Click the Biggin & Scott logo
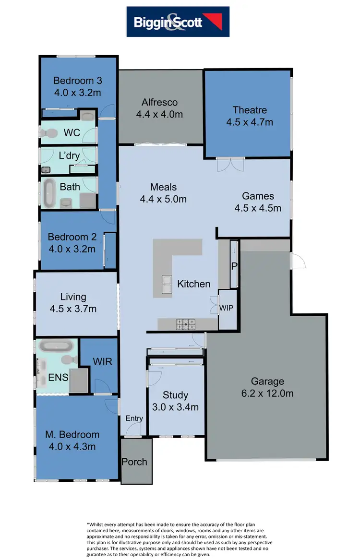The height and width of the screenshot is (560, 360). point(178,22)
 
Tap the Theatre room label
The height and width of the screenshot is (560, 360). point(250,110)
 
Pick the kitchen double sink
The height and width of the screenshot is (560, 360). point(167,284)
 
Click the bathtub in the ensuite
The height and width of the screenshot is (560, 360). point(56,346)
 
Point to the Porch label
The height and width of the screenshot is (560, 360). point(134,462)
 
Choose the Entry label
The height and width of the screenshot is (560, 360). point(134,418)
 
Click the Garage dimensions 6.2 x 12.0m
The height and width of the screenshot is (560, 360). point(267,394)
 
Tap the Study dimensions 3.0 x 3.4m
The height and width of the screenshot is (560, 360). point(175,407)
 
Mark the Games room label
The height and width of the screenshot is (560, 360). point(258,196)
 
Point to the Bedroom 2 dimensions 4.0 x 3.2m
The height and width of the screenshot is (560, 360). point(72,249)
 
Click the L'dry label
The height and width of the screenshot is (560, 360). point(69,156)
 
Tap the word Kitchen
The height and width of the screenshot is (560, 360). point(194,284)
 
